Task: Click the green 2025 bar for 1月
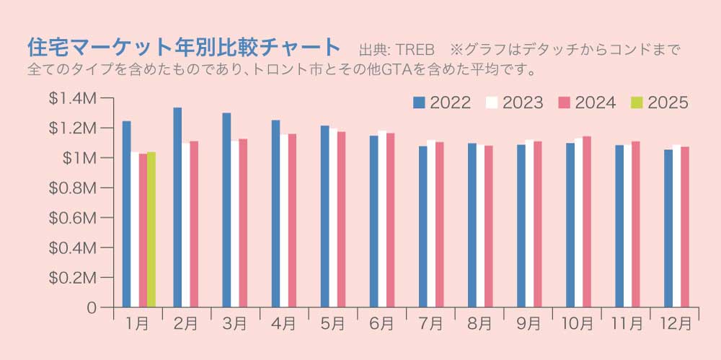[x=151, y=229]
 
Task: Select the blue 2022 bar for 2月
[x=177, y=207]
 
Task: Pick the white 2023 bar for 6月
[x=382, y=219]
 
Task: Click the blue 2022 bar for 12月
[x=668, y=228]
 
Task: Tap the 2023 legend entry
[x=514, y=102]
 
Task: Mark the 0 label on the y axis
[x=91, y=307]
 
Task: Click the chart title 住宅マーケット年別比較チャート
[x=183, y=48]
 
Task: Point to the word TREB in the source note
[x=415, y=51]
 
